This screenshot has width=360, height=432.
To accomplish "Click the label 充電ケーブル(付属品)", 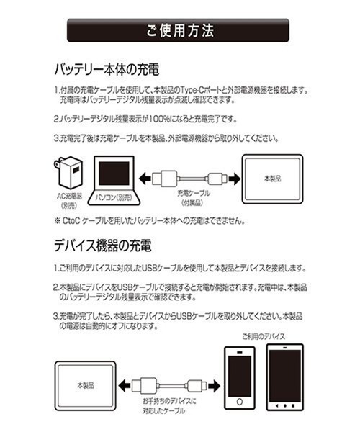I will [192, 197].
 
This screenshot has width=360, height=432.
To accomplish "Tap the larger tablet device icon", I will [285, 374].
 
